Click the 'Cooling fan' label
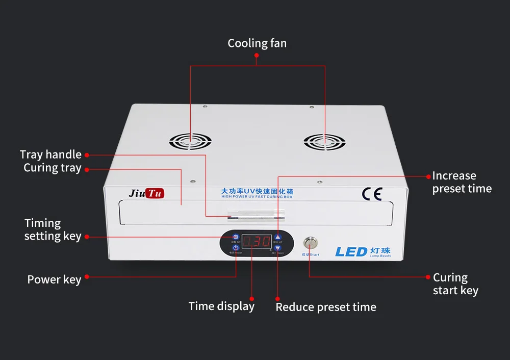coord(257,43)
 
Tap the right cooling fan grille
coord(324,142)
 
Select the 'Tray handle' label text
coord(50,155)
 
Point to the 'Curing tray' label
coord(52,168)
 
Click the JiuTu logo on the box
coord(147,193)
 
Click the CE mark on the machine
coord(372,194)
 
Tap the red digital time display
coord(257,242)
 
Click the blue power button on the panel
coord(236,247)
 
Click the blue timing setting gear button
coord(236,237)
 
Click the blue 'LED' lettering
coord(351,251)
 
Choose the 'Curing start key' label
coord(455,284)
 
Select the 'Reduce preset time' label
coord(326,307)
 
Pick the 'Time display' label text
coord(221,306)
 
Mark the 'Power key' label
coord(54,279)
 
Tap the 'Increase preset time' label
coord(462,182)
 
